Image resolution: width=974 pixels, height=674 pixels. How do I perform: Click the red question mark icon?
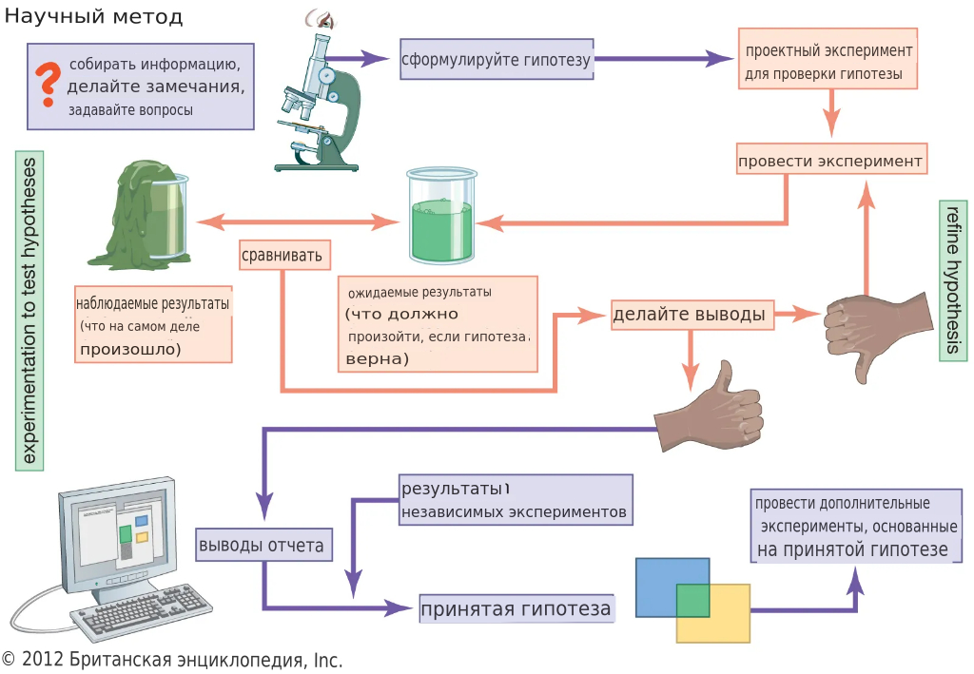click(44, 85)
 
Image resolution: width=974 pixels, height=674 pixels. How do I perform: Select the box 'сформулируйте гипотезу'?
click(497, 60)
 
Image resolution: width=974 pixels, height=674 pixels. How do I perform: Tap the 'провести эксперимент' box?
click(830, 160)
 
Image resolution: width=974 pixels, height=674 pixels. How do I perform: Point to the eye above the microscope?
click(317, 18)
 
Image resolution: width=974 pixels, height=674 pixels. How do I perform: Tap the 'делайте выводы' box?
click(691, 314)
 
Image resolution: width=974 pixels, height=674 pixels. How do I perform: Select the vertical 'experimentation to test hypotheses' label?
click(29, 310)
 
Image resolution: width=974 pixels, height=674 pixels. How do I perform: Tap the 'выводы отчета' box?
click(263, 546)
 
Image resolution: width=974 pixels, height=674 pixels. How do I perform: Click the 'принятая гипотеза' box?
click(516, 608)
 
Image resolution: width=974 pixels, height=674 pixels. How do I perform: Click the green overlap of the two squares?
click(693, 601)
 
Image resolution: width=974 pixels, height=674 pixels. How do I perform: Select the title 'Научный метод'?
click(93, 17)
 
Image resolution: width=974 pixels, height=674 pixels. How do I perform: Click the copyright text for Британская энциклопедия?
click(172, 660)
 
